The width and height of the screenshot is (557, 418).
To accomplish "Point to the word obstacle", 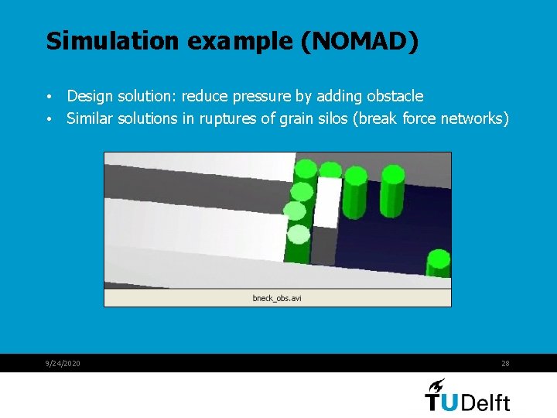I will (x=395, y=96).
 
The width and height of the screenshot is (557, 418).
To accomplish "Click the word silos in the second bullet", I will (x=350, y=118).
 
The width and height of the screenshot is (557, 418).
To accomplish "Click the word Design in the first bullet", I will (x=89, y=96).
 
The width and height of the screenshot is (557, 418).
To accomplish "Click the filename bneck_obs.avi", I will (x=276, y=298).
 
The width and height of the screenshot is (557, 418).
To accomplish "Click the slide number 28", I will (x=505, y=364).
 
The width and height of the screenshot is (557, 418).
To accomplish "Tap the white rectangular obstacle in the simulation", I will (x=329, y=202).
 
